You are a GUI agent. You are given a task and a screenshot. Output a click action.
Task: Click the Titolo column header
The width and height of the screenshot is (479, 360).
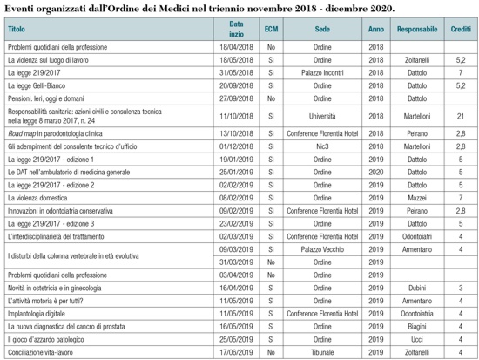[x=17, y=30]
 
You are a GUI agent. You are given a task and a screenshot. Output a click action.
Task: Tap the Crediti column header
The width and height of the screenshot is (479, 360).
[x=460, y=30]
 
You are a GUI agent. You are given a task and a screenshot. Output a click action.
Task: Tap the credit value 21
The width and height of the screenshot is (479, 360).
[x=460, y=116]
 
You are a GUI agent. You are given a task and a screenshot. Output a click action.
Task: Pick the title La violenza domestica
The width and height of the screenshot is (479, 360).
[x=43, y=198]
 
